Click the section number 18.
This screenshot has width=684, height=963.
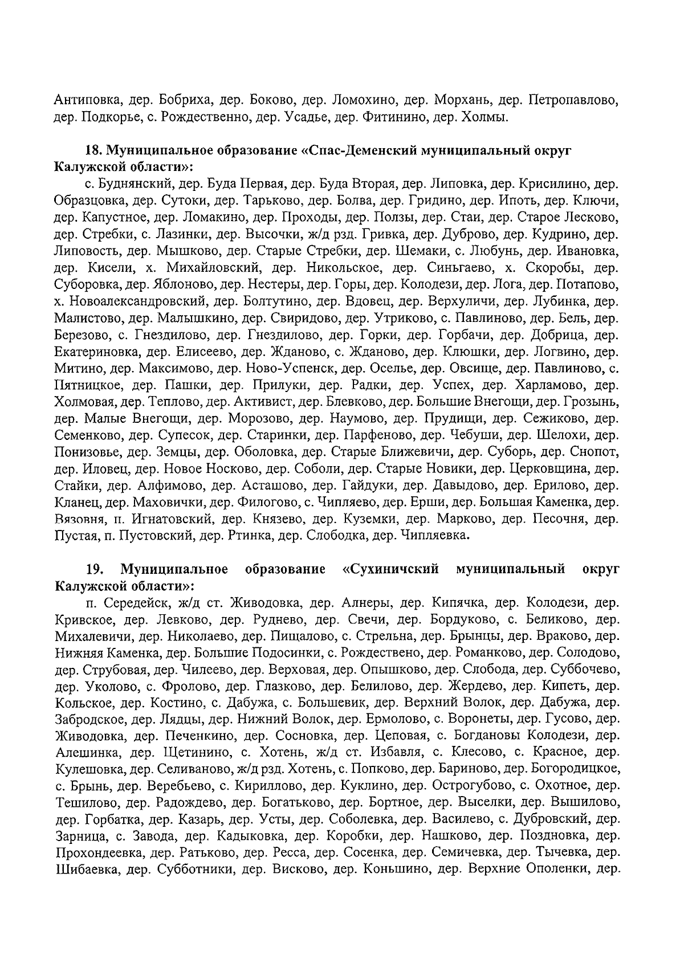pos(93,151)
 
